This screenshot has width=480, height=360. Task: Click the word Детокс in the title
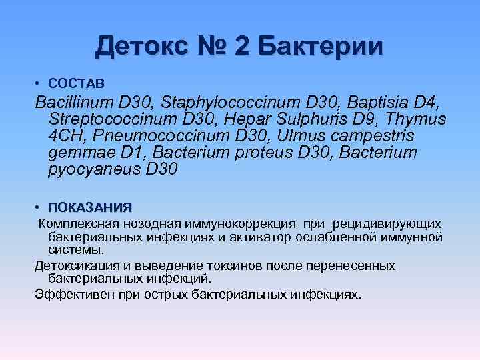(137, 47)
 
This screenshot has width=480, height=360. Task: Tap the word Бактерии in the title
(319, 47)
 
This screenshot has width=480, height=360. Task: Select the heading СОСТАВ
(77, 83)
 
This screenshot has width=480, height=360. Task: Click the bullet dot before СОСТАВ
(39, 83)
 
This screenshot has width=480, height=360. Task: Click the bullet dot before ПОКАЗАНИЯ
(39, 207)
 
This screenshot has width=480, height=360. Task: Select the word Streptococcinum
(115, 120)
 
